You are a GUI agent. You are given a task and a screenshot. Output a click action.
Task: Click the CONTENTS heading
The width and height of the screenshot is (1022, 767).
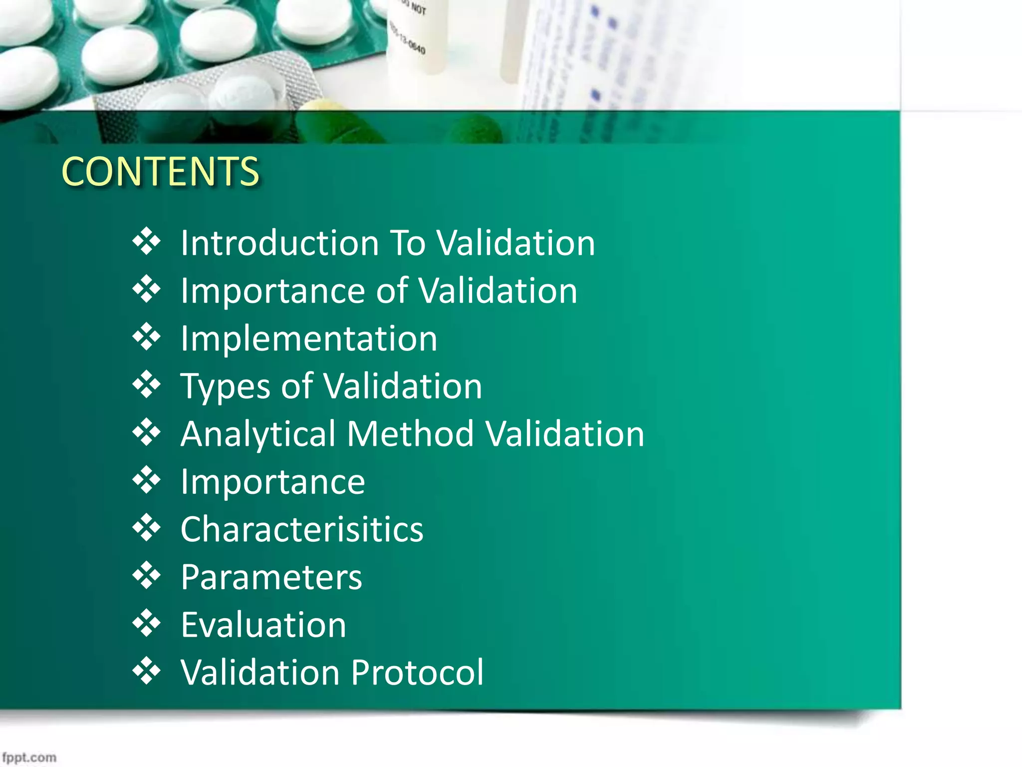coord(160,171)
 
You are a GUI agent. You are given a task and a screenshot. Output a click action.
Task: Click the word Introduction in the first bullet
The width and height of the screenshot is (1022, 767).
coord(279,243)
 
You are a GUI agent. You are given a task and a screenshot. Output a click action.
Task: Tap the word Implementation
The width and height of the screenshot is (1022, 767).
coord(309,339)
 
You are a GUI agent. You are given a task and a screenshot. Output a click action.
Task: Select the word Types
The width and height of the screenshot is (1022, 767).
coord(225,386)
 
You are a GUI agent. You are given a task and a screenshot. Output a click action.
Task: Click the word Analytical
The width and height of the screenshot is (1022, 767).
coord(258,434)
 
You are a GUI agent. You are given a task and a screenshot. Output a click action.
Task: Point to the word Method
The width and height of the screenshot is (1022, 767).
coord(410,434)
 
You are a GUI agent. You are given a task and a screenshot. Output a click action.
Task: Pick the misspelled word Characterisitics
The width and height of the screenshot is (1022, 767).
coord(302,529)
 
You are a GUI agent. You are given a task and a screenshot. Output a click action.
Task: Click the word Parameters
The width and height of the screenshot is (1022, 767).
coord(271,577)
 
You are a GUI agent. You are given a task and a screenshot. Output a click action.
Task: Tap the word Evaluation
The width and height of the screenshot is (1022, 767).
coord(263,625)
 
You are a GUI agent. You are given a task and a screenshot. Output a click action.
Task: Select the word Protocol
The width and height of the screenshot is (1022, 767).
coord(417,672)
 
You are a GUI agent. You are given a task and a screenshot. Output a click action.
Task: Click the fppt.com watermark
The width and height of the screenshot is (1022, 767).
coord(29,758)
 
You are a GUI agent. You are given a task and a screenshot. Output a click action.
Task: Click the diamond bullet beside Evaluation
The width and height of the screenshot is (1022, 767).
coord(146,623)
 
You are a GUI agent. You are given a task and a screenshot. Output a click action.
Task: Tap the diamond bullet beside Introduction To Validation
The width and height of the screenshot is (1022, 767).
coord(146,242)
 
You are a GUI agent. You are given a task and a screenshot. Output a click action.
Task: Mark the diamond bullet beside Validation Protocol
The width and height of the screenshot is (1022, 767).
coord(146,671)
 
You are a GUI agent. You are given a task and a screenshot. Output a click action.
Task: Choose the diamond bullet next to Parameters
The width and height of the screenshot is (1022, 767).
coord(146,576)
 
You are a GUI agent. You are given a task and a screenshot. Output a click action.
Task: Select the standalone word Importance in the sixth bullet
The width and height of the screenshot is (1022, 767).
coord(272,482)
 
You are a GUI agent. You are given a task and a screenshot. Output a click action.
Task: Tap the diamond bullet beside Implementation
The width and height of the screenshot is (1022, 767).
coord(146,337)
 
